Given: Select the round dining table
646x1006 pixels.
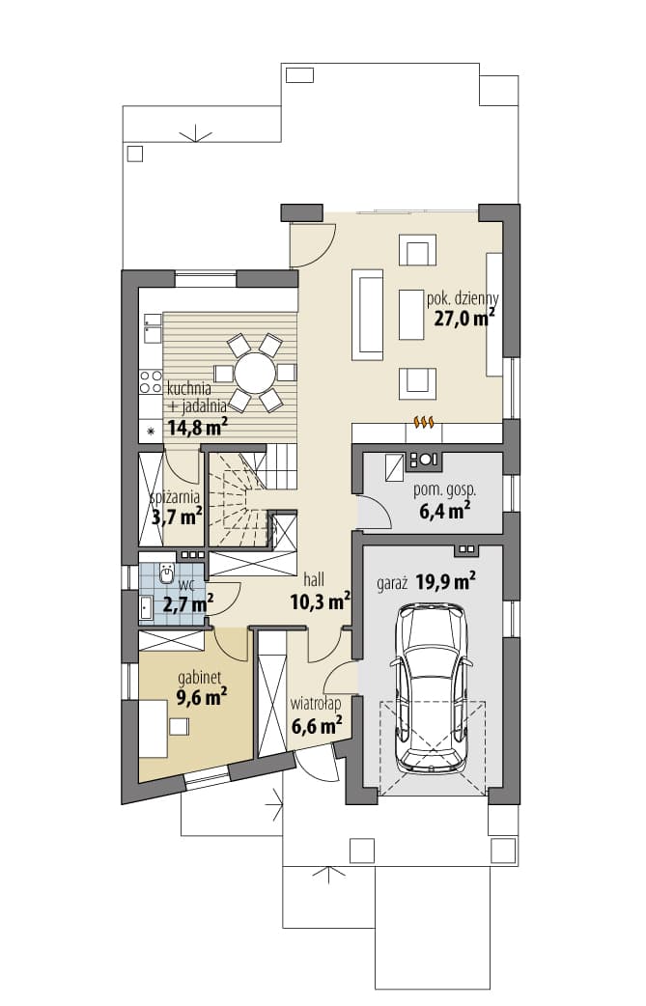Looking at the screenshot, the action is pyautogui.click(x=255, y=373).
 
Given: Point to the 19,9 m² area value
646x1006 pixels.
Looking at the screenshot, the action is pyautogui.click(x=445, y=582).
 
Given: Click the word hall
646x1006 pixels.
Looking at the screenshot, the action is pyautogui.click(x=314, y=580).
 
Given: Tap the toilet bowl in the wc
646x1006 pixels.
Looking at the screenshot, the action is pyautogui.click(x=167, y=574).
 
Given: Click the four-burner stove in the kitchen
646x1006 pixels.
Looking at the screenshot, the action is pyautogui.click(x=152, y=382).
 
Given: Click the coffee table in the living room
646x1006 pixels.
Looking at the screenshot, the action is pyautogui.click(x=412, y=315).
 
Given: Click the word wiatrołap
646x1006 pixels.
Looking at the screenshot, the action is pyautogui.click(x=316, y=704).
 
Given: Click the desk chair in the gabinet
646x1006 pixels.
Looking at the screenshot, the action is pyautogui.click(x=179, y=726).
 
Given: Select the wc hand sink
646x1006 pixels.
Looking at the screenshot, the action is pyautogui.click(x=146, y=607).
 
